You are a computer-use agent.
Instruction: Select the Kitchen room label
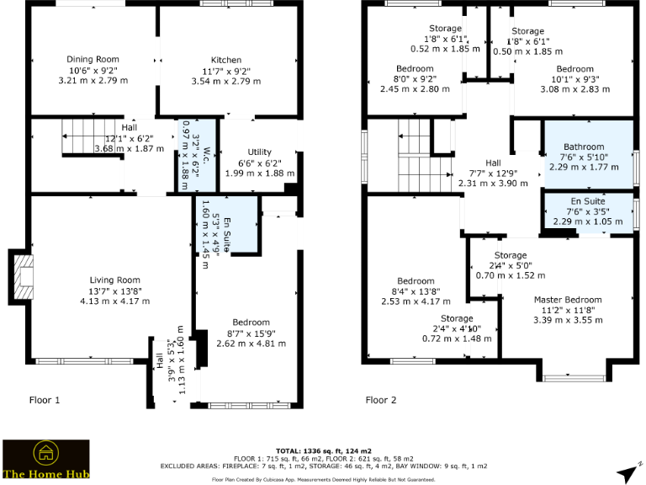[226, 61]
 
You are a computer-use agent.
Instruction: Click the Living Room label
[115, 280]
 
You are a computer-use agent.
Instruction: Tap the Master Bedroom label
[568, 300]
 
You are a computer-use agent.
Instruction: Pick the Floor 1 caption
[45, 400]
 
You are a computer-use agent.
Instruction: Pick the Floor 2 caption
[380, 400]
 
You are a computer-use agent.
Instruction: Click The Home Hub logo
[45, 461]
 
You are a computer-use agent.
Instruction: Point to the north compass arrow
[623, 450]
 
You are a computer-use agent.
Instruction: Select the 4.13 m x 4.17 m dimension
[115, 301]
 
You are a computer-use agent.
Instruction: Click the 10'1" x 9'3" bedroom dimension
[575, 78]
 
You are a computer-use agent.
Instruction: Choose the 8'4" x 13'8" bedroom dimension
[416, 291]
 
